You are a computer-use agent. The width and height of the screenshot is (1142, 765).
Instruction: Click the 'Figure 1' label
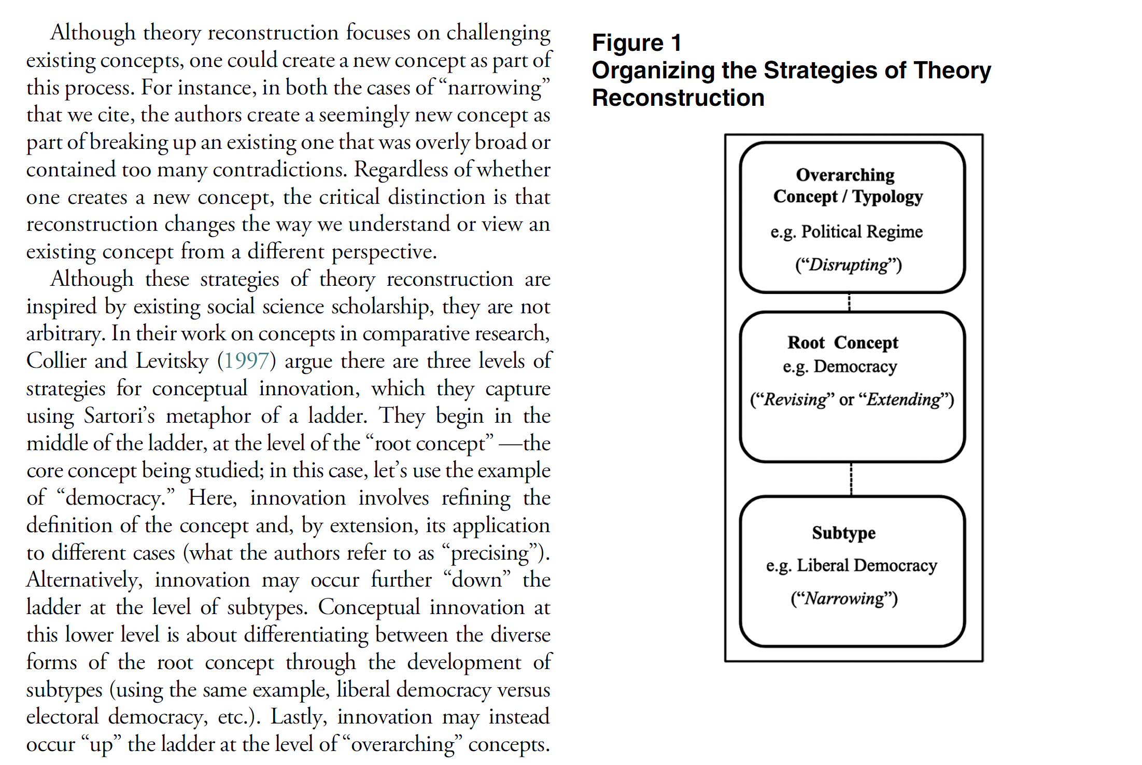tap(637, 43)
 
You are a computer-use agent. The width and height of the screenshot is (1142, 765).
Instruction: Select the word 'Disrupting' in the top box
tap(849, 265)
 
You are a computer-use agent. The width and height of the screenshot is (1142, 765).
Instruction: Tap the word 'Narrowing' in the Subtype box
tap(844, 599)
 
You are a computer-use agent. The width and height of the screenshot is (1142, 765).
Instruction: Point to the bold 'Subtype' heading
tap(843, 533)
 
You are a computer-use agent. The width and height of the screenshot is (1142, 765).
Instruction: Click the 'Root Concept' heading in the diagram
tap(843, 342)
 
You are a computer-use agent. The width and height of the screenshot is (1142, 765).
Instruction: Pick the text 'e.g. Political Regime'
tap(847, 231)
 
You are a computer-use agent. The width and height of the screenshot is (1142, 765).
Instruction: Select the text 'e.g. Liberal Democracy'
tap(851, 565)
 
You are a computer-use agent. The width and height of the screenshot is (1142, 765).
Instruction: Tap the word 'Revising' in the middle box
tap(795, 399)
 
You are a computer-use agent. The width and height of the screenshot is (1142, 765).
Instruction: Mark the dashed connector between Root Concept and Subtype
tap(851, 479)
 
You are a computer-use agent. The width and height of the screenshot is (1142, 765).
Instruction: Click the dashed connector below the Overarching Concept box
tap(849, 302)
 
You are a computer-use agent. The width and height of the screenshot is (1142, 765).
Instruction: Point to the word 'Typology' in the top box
tap(887, 197)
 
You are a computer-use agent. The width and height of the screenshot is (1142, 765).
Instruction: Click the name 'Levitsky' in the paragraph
tap(172, 361)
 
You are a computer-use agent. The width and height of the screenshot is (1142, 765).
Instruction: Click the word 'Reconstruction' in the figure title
tap(678, 98)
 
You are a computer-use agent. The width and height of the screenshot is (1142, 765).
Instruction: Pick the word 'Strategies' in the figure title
tap(821, 70)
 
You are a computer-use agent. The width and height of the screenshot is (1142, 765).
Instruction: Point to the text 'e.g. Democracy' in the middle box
tap(840, 367)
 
